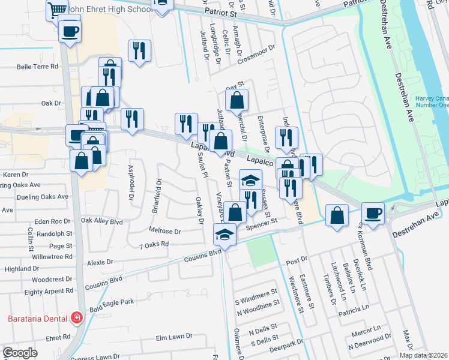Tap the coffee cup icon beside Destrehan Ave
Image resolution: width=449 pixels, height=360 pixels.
click(x=373, y=214)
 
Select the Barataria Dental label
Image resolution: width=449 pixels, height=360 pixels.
click(x=36, y=317)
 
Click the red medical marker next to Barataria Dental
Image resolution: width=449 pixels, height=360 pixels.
click(x=76, y=317)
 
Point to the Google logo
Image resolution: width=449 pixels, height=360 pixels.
click(x=20, y=353)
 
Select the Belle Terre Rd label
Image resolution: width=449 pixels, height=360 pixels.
click(x=37, y=67)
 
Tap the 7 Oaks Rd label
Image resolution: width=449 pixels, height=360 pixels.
click(x=154, y=245)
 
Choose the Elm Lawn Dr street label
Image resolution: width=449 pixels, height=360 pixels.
click(x=173, y=338)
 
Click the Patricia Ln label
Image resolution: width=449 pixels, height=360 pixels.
click(x=353, y=308)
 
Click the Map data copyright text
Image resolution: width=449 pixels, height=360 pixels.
click(x=423, y=355)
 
